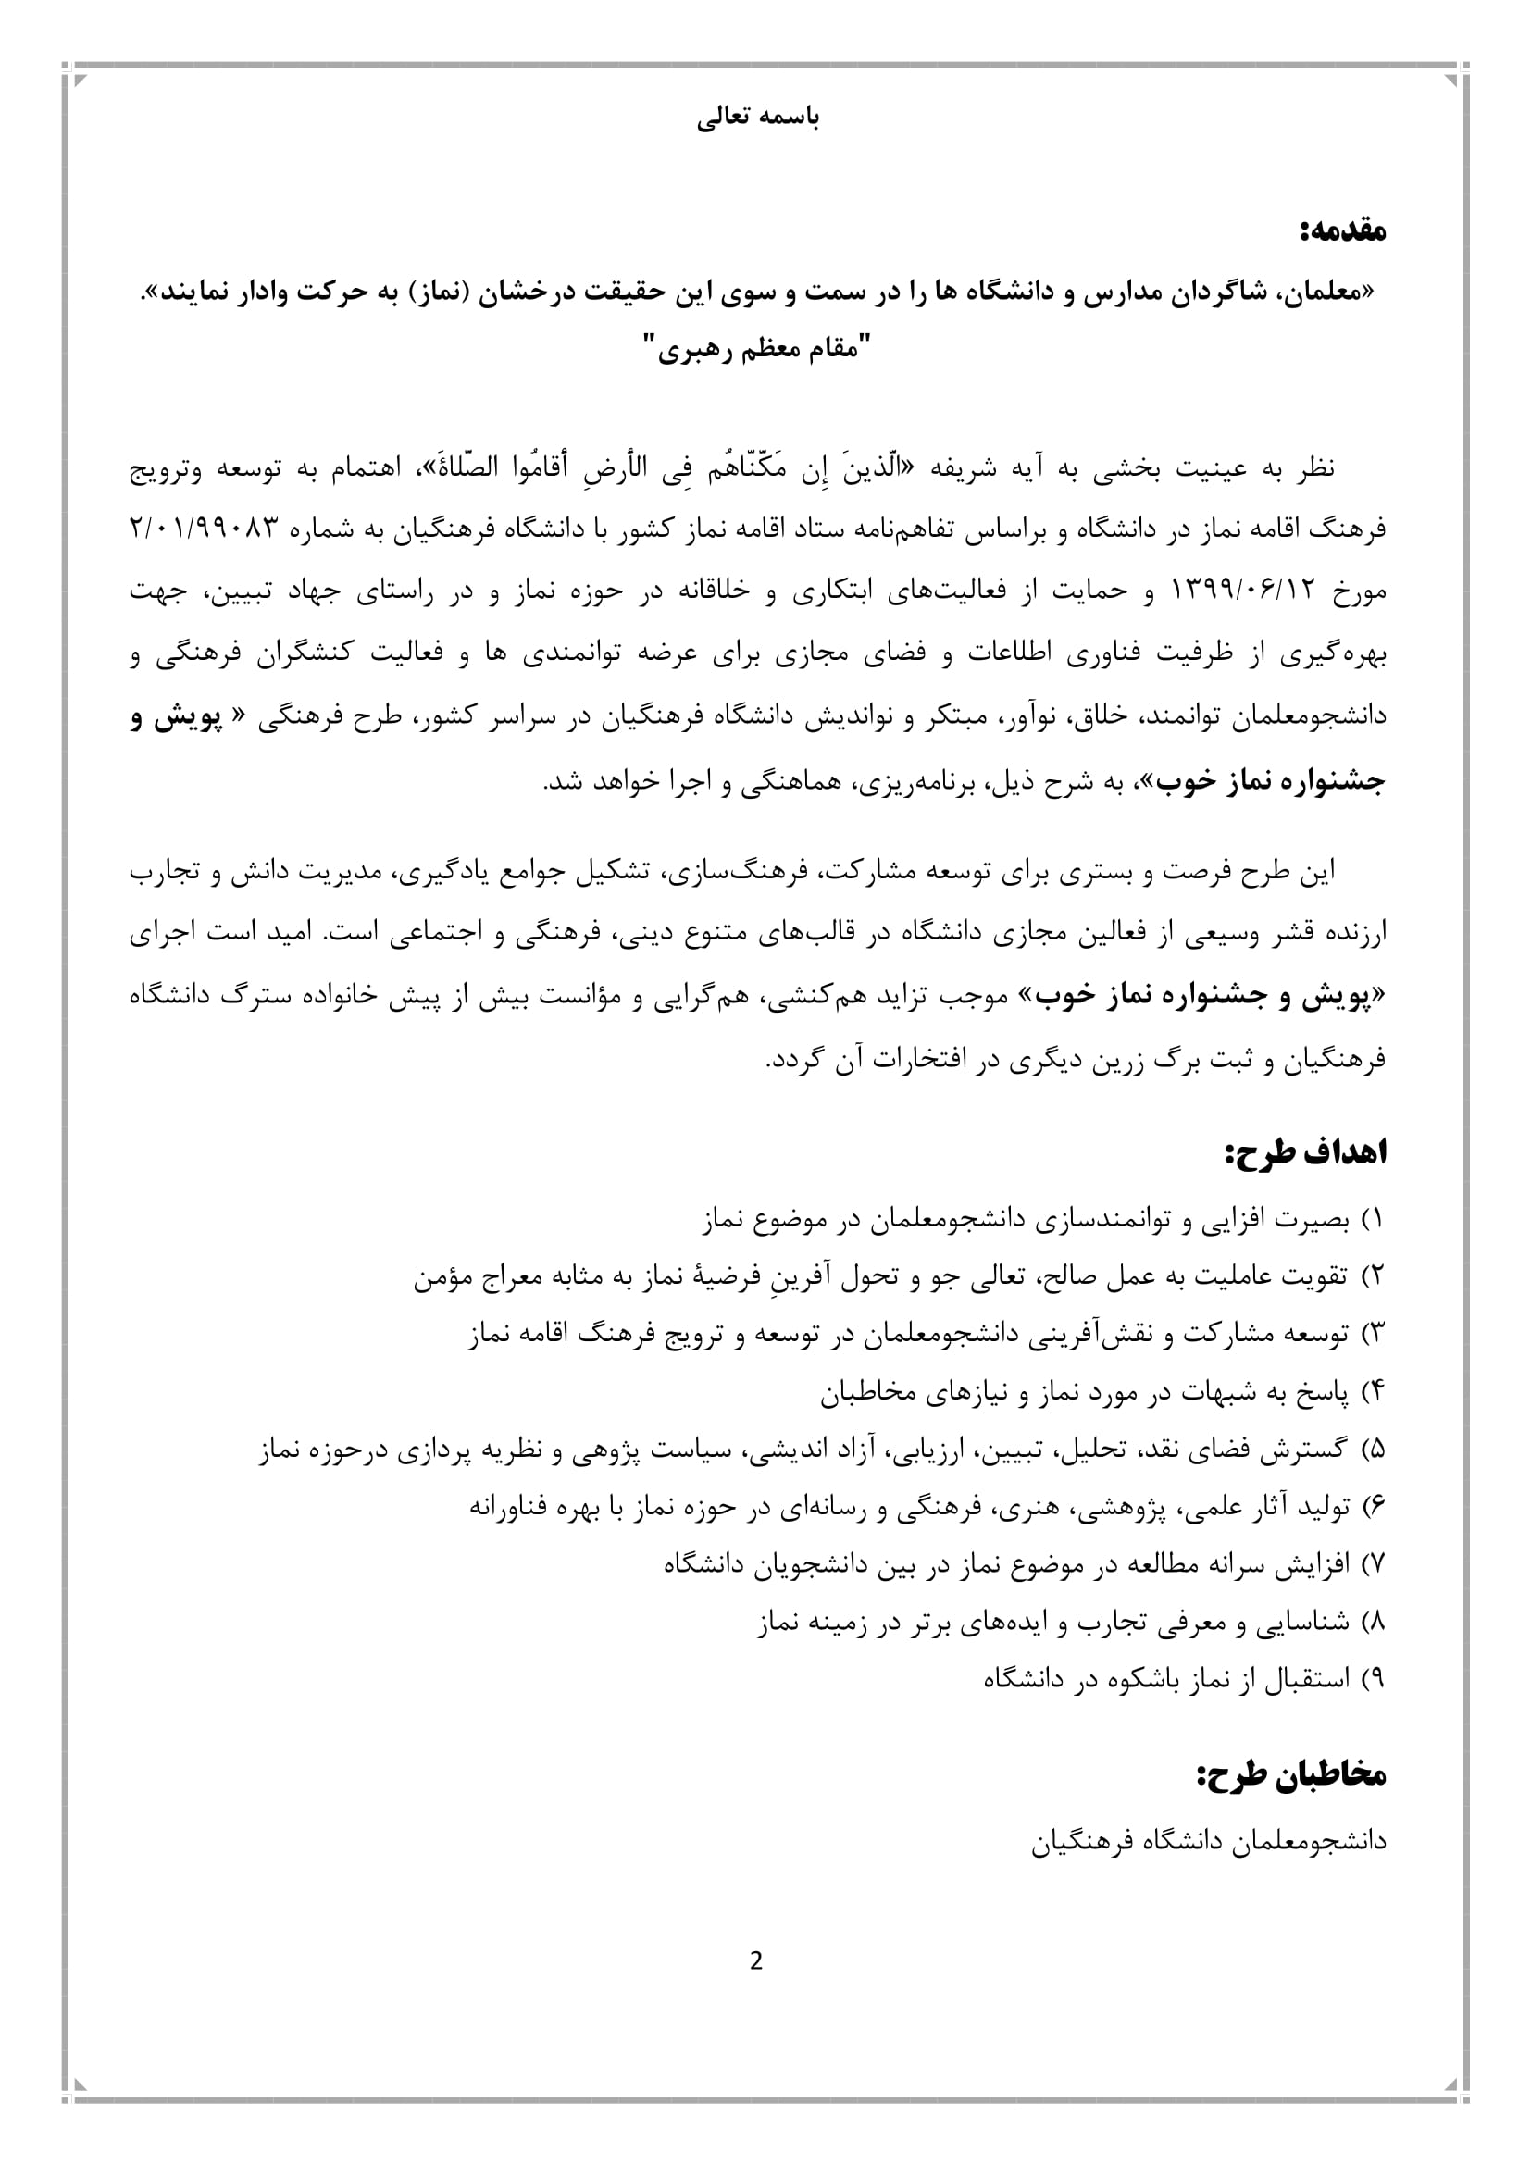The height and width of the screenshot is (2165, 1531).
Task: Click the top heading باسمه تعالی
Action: (x=758, y=118)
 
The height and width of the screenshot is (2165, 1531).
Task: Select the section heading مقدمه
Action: (x=1343, y=231)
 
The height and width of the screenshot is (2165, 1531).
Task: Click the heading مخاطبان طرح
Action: (x=1291, y=1775)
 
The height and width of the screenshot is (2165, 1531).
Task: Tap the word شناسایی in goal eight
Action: (x=1303, y=1622)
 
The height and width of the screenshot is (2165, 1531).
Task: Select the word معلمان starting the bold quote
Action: (x=1326, y=293)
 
